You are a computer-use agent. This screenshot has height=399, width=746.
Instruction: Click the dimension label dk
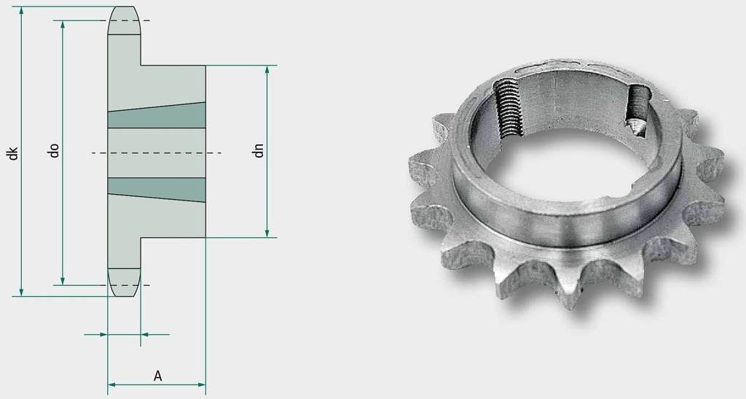point(14,153)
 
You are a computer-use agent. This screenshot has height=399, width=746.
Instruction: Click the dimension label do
point(55,150)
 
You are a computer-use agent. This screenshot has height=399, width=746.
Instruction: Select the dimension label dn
point(259,150)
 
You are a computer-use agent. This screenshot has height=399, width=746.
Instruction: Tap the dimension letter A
point(158,376)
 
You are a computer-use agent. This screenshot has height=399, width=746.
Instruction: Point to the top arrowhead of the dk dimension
point(21,11)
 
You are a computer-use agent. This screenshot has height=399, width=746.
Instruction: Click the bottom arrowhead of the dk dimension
point(21,291)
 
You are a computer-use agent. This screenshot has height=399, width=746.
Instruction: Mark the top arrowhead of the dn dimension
point(267,70)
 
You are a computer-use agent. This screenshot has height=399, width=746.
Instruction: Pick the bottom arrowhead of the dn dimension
point(267,233)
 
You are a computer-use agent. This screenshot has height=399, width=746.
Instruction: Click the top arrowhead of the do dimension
point(63,26)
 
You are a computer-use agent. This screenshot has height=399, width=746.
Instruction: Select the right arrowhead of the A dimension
point(201,384)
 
